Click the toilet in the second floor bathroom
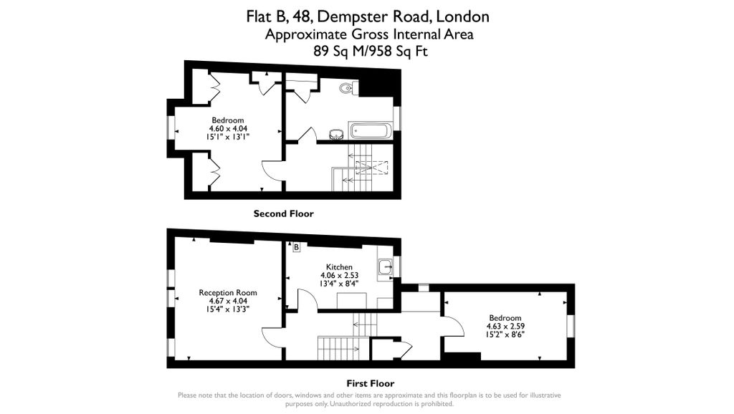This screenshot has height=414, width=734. [x=348, y=89]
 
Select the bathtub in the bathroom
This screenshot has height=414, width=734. [x=371, y=131]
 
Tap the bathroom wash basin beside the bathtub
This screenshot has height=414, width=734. [x=335, y=133]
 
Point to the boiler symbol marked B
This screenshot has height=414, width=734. [x=296, y=247]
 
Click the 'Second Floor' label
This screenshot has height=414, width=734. [x=283, y=213]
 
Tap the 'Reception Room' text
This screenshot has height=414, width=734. [x=228, y=292]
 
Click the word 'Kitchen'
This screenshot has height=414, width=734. [x=339, y=266]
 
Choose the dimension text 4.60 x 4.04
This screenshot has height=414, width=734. [x=228, y=127]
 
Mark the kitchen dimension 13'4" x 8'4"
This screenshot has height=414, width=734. [x=339, y=282]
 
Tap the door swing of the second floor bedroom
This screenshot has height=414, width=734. [x=272, y=170]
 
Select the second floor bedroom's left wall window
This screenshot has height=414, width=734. [x=170, y=127]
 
